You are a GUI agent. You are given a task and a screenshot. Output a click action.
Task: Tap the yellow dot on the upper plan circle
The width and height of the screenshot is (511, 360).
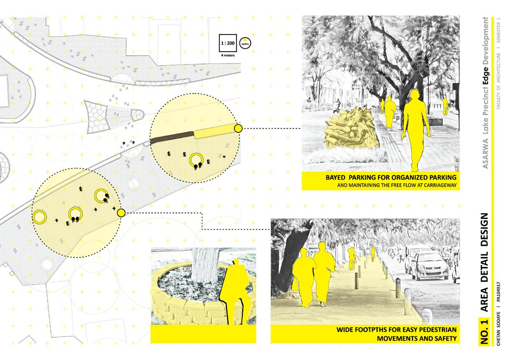click(x=238, y=129)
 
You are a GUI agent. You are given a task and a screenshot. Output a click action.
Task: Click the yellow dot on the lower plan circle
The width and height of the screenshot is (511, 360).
click(x=121, y=213)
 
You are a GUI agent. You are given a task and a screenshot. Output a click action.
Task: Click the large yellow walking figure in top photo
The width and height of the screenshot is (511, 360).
click(x=415, y=129)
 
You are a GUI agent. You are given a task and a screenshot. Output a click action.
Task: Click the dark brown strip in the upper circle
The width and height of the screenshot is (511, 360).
click(x=172, y=137)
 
